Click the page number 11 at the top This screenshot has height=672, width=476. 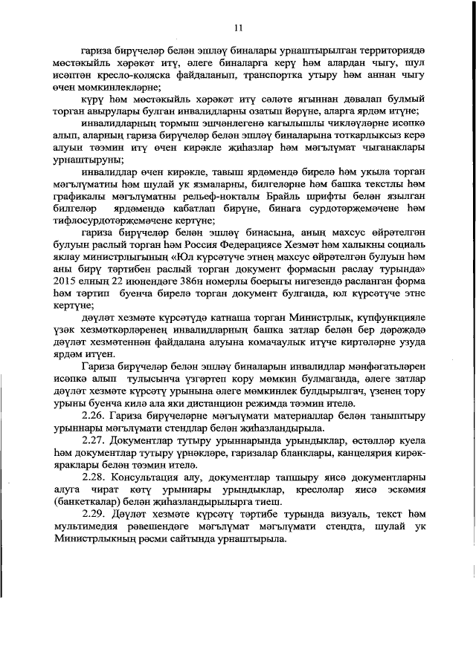[238, 27]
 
